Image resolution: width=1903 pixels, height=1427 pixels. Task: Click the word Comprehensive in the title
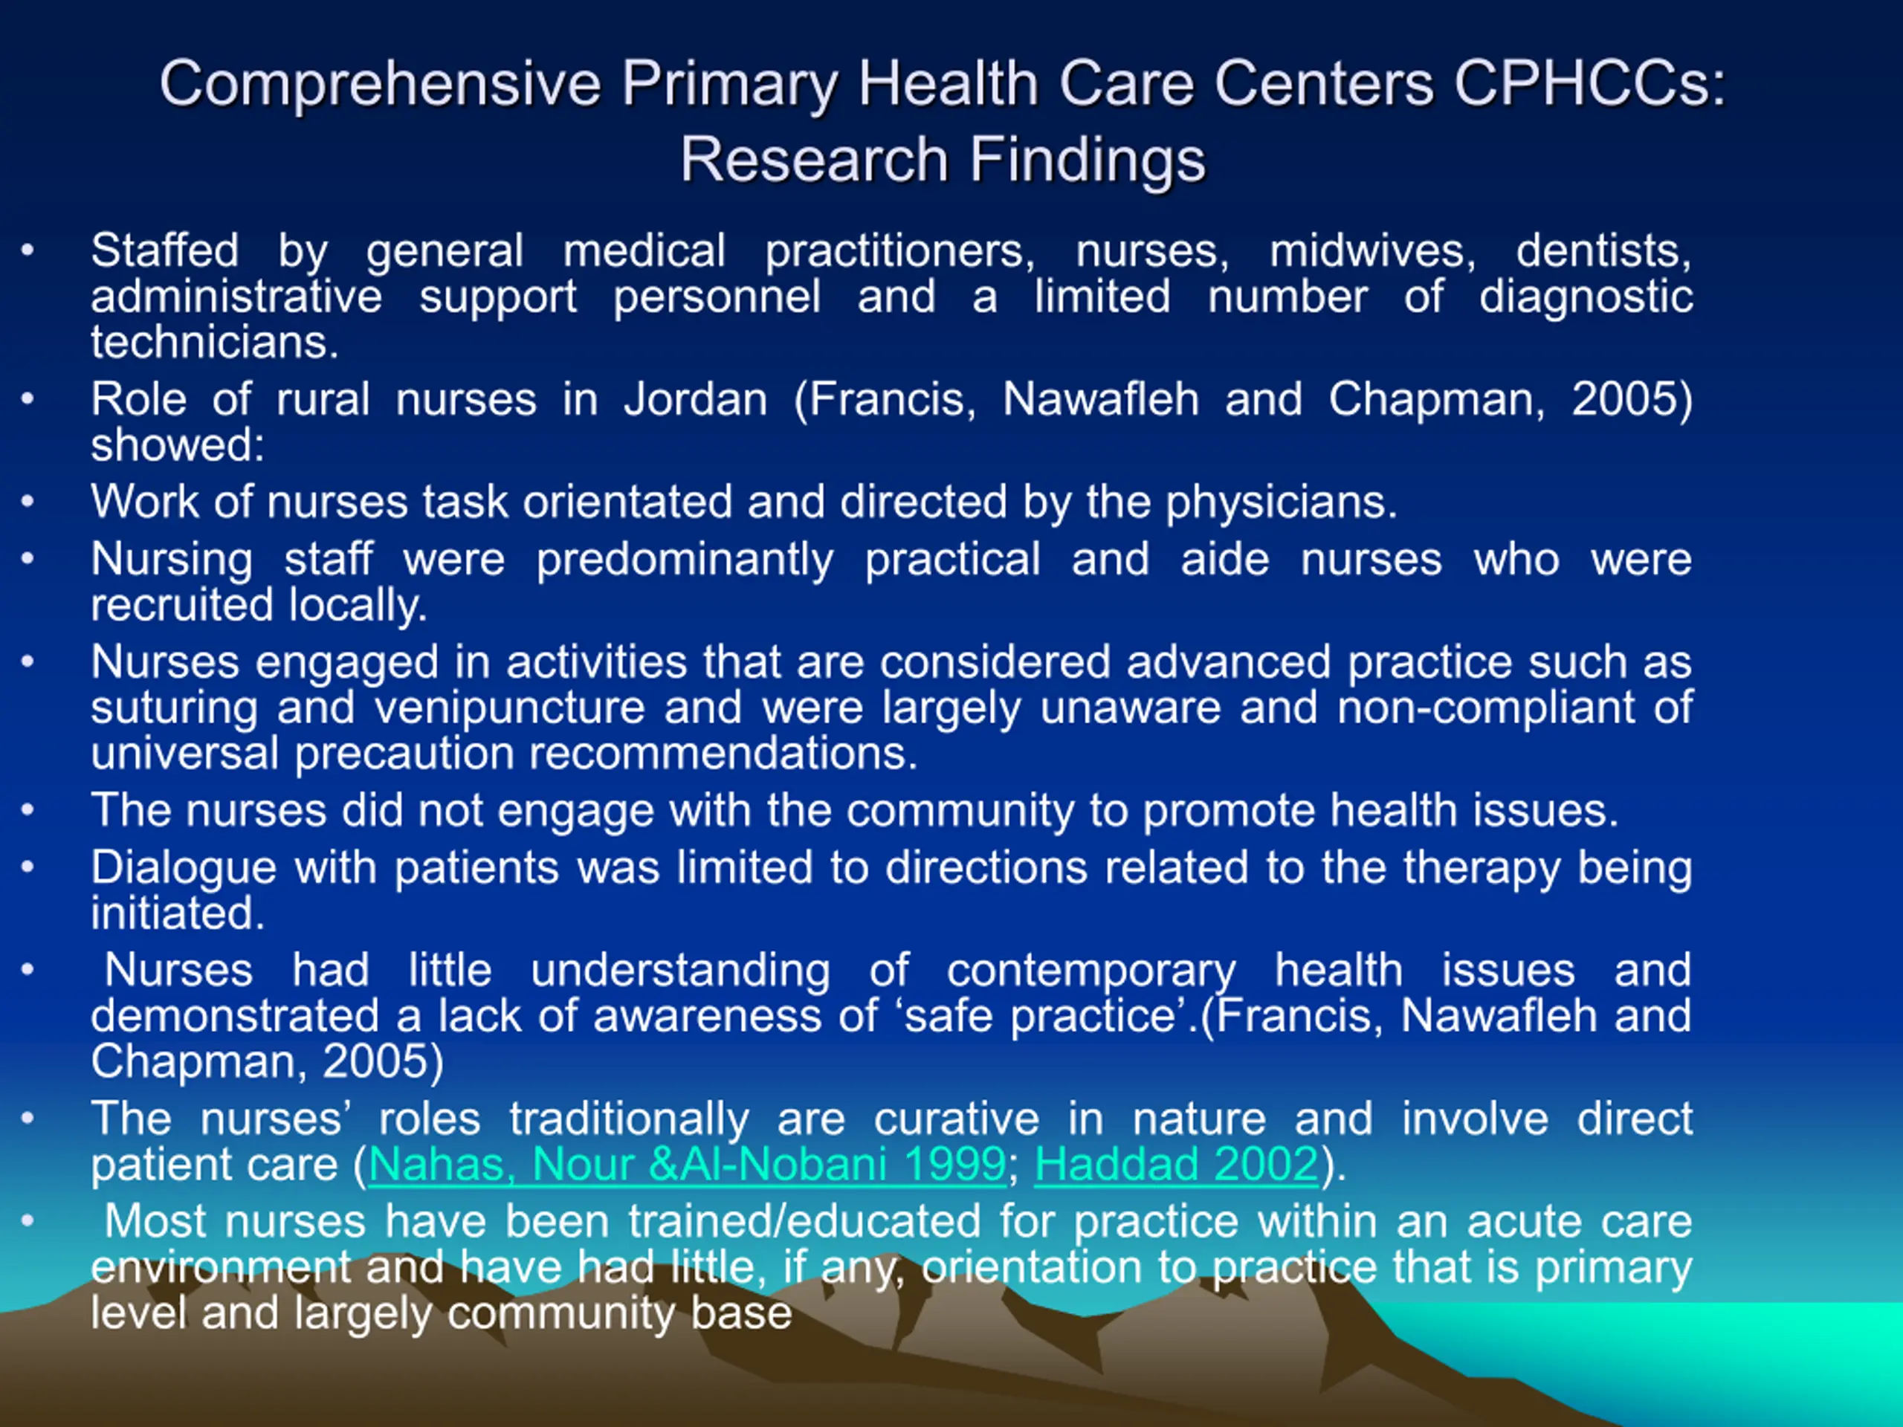tap(379, 86)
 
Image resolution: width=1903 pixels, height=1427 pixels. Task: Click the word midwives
tap(1372, 251)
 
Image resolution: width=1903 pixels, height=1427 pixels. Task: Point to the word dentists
tap(1603, 251)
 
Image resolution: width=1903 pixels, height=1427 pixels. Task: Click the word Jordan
tap(695, 399)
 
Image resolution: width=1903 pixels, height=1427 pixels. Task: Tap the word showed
tap(177, 444)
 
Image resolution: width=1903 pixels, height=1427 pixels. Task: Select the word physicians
tap(1281, 502)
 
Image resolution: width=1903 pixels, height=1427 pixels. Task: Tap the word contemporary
tap(1091, 972)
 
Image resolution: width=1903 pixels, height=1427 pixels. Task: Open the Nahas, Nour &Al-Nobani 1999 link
tap(688, 1165)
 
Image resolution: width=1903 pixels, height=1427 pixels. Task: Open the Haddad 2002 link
tap(1176, 1165)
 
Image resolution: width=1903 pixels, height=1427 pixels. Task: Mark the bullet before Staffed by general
tap(28, 250)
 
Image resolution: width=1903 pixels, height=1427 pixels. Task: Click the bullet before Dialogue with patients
tap(28, 867)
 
